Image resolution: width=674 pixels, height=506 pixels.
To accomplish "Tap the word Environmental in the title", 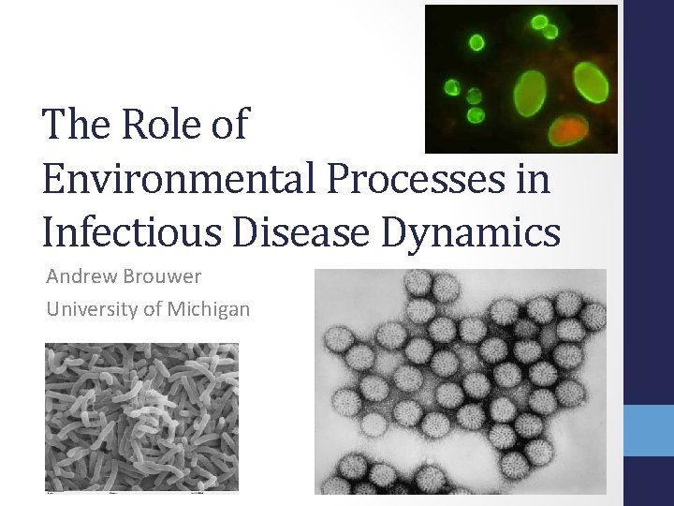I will coord(176,178).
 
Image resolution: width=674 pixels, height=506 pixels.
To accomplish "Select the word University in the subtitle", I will coord(89,309).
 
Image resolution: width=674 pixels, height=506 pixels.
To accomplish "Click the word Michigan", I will coord(211,309).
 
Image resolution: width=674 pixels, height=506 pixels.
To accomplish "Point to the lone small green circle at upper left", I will coord(477,41).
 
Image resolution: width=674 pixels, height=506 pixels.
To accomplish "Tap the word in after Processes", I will coord(530,178).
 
